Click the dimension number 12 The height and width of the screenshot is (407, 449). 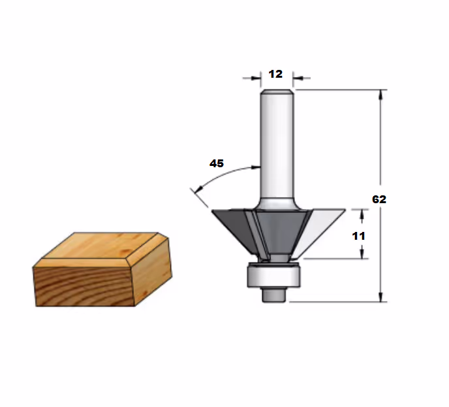[x=275, y=74]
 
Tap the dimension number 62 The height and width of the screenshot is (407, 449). [x=379, y=199]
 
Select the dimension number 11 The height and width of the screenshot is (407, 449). [x=358, y=236]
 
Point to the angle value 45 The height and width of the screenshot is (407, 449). [x=217, y=163]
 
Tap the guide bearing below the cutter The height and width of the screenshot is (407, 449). [x=273, y=275]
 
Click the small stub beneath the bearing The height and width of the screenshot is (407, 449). [x=273, y=295]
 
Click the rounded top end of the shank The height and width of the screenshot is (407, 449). [x=277, y=91]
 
